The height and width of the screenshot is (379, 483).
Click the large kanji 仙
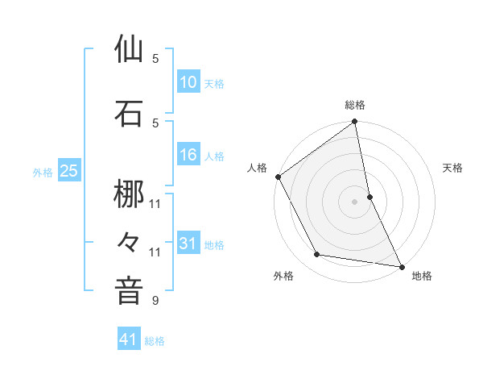129,50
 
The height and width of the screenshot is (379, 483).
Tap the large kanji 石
129,114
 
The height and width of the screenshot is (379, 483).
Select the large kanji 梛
129,194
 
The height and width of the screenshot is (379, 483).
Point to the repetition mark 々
129,241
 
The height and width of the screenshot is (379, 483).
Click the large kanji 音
129,290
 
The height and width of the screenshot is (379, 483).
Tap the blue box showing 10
188,82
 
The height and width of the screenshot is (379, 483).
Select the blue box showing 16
188,156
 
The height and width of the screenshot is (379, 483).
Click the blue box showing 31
188,244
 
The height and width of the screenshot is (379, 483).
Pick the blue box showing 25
68,171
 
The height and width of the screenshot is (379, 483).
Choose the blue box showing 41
129,340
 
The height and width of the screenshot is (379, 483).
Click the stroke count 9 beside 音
155,302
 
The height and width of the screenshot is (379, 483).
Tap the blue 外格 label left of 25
43,172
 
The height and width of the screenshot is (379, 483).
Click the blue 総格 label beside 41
155,341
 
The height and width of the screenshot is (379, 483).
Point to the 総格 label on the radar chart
355,105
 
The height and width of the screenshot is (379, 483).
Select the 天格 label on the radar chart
453,168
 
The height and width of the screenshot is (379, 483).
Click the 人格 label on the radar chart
257,168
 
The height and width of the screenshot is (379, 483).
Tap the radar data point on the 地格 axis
401,265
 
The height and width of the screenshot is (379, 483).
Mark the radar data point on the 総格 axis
355,122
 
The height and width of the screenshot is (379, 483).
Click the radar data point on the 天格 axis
369,196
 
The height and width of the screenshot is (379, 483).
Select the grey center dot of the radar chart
355,201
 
